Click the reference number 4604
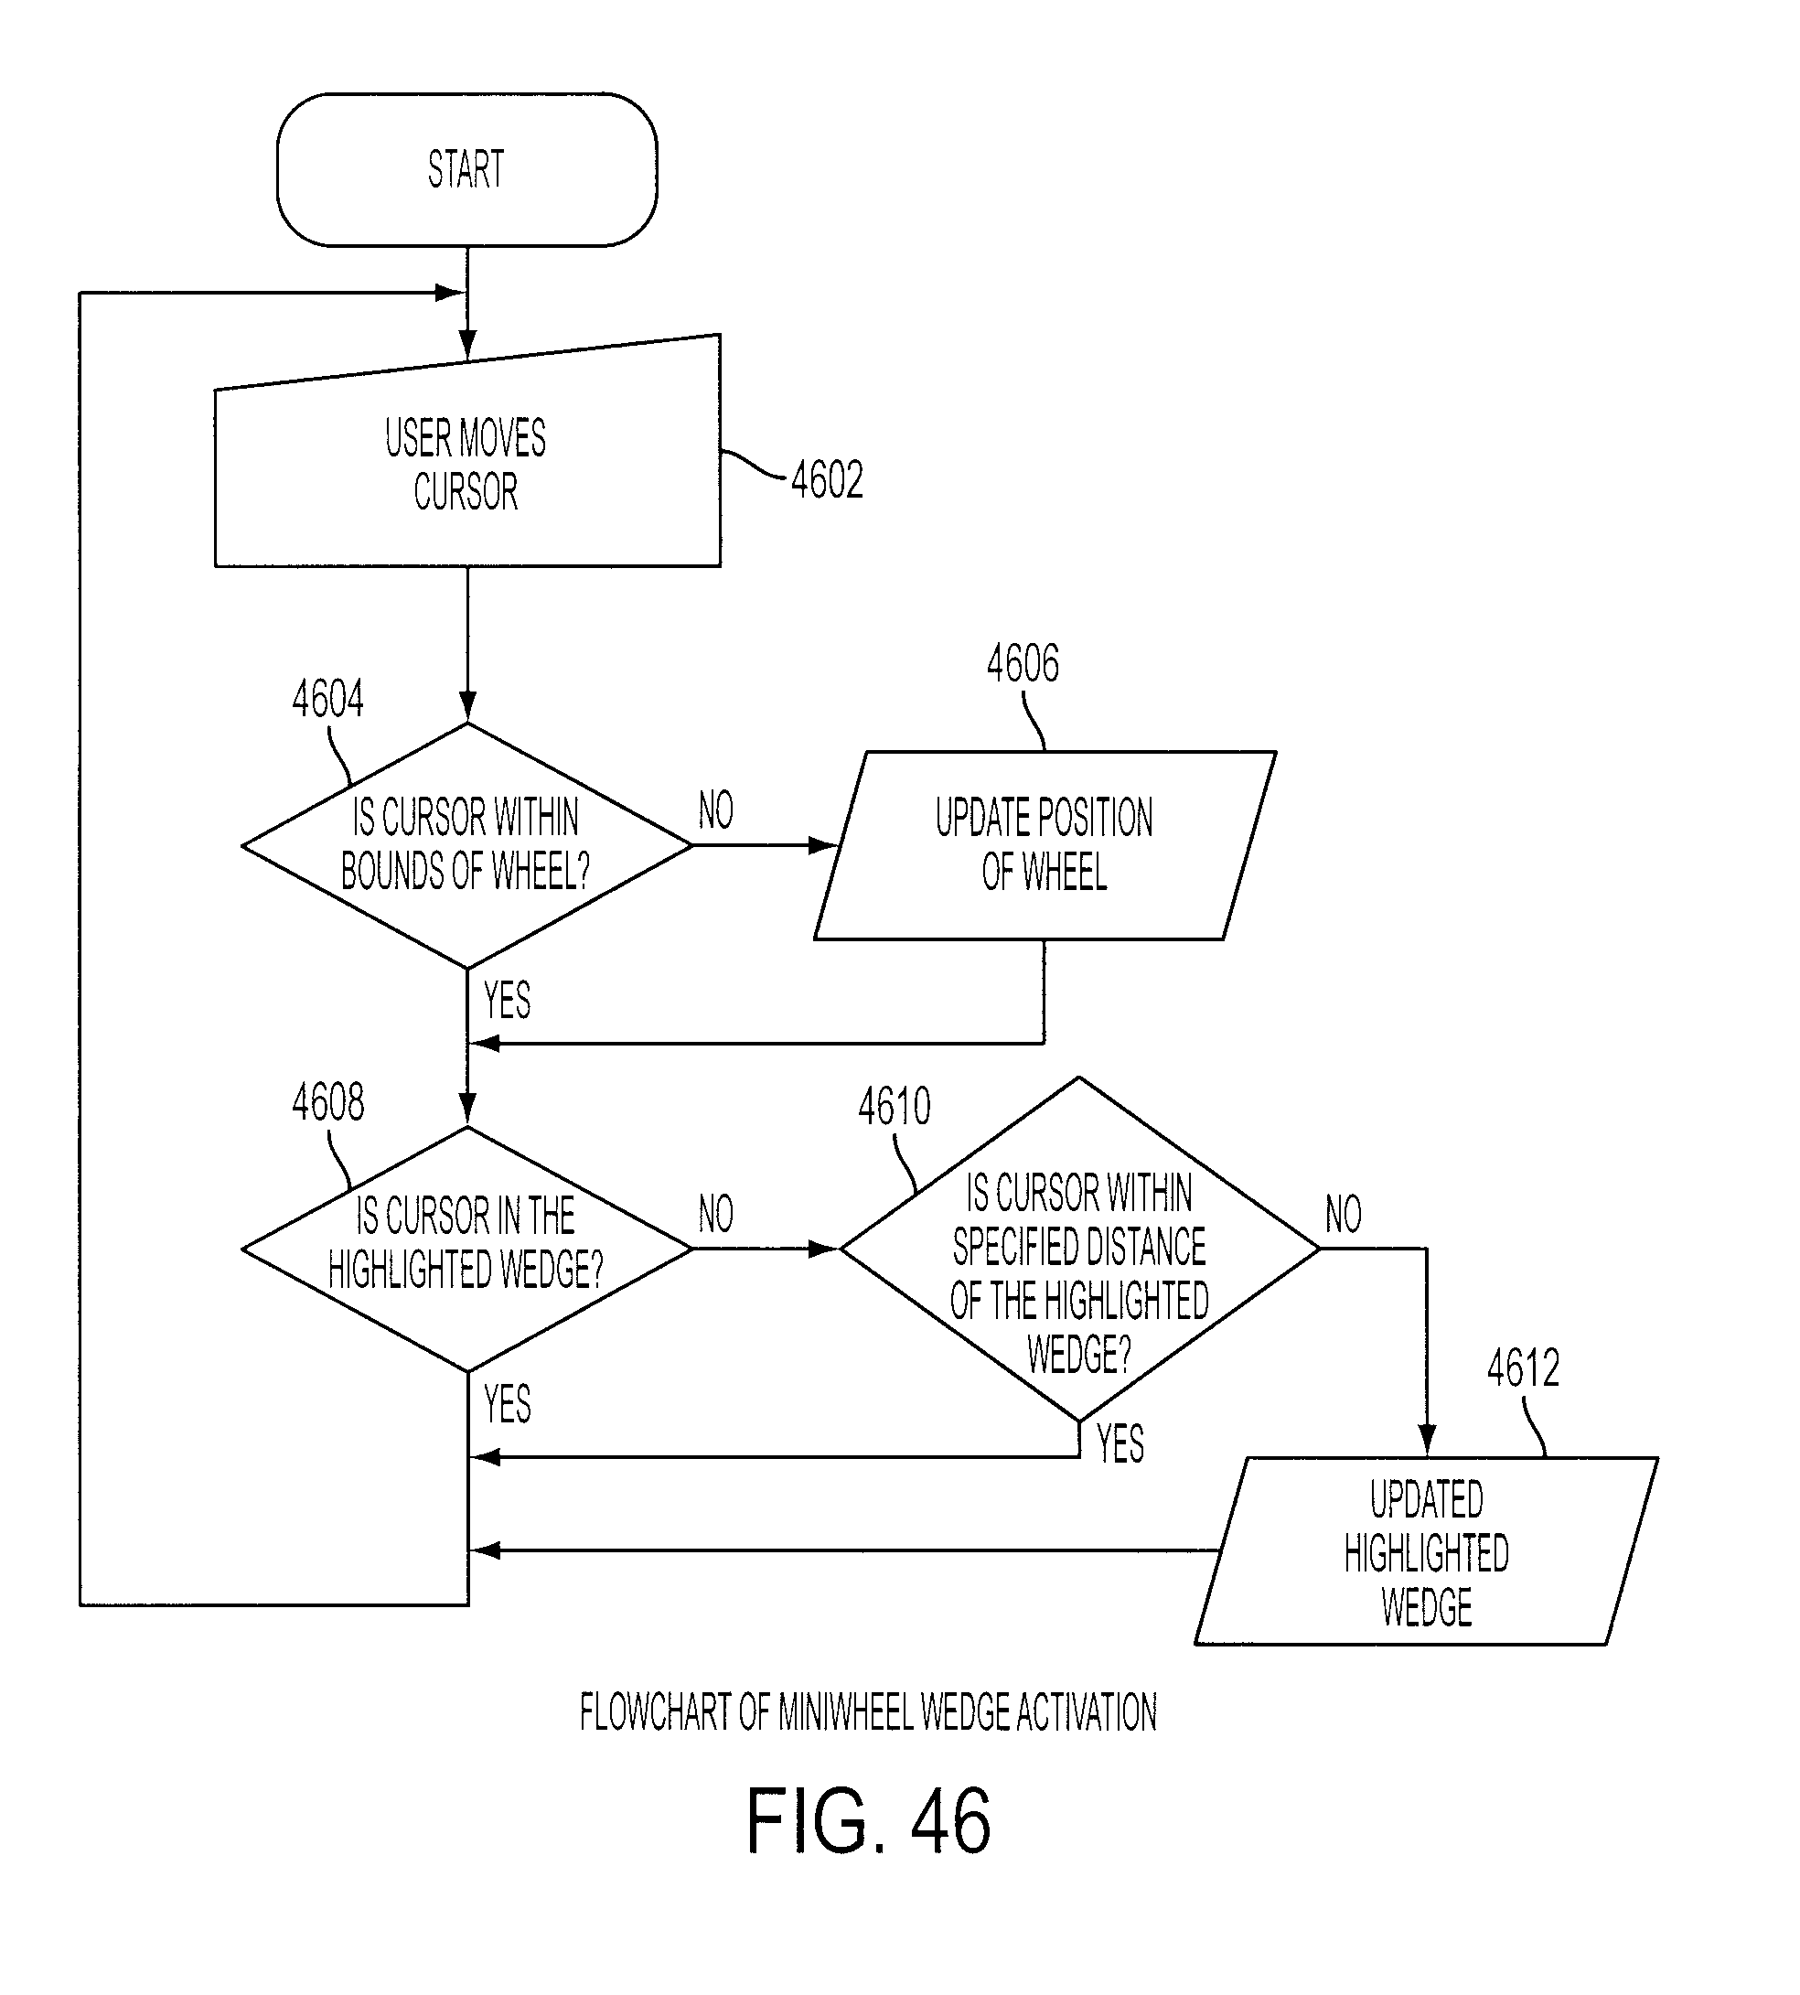327,699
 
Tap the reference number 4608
327,1102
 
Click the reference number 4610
895,1107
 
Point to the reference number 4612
1523,1368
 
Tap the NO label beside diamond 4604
716,810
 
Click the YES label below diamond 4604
508,1000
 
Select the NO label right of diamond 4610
1343,1214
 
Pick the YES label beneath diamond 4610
1120,1444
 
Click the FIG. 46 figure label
868,1822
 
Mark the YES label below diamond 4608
508,1403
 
